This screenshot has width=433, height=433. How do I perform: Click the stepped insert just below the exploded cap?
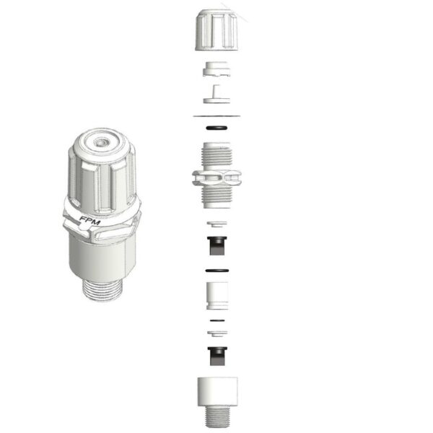216,70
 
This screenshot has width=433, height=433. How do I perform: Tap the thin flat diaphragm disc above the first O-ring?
216,115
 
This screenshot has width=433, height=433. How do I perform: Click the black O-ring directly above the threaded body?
216,128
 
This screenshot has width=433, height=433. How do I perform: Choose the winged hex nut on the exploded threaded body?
216,177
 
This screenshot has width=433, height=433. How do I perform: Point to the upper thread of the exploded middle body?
216,155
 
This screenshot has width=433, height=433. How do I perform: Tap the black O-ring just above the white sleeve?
216,271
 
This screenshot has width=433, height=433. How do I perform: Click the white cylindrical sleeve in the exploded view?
216,294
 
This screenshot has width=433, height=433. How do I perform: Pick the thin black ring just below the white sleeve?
216,319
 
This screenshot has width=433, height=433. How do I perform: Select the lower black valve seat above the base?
216,354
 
